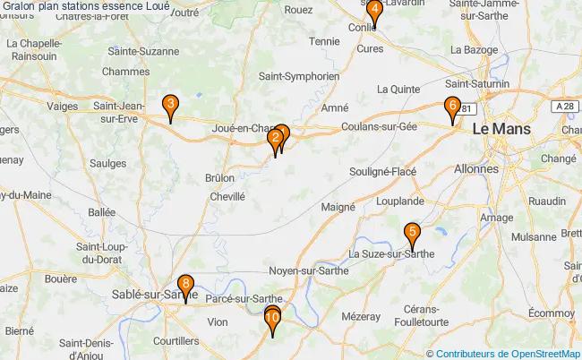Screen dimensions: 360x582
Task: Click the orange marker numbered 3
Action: point(169,107)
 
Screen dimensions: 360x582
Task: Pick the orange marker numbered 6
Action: point(452,107)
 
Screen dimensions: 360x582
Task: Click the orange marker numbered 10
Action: point(273,318)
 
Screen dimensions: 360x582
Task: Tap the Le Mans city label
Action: point(501,129)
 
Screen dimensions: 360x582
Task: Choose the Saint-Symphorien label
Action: point(299,77)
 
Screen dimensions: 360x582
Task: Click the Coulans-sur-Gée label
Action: point(379,127)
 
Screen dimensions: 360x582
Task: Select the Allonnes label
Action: point(476,168)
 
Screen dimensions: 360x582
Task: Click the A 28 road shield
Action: point(564,107)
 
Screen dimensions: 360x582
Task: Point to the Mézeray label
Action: point(361,316)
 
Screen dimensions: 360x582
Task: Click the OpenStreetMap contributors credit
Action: point(508,353)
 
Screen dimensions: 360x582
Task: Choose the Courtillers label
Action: point(175,341)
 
